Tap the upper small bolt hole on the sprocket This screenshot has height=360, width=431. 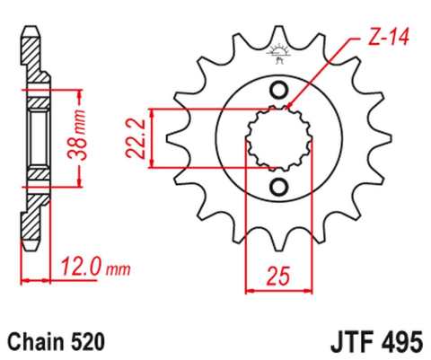278,90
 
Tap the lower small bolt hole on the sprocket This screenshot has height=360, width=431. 278,187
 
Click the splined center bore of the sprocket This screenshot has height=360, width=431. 278,138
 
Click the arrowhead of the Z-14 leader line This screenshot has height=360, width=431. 289,110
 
